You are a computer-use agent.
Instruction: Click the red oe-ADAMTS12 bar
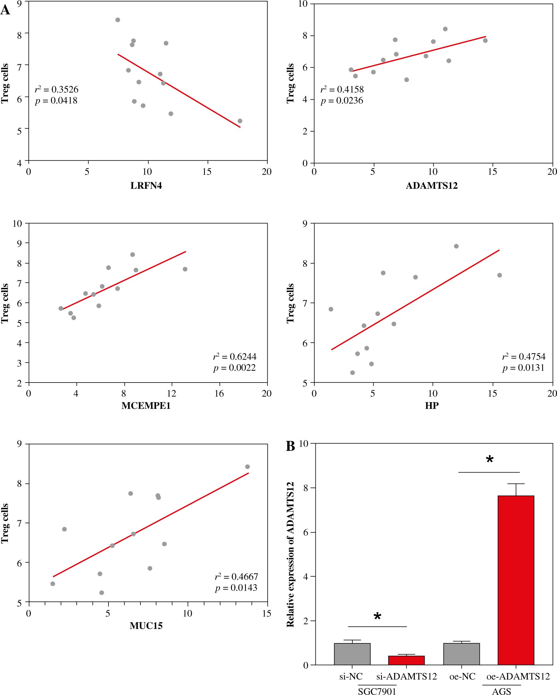click(516, 580)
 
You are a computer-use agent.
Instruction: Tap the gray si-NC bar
click(352, 654)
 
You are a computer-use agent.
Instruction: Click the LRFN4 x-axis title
click(146, 186)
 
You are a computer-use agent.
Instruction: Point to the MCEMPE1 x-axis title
click(146, 405)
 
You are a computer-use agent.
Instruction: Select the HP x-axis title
click(432, 405)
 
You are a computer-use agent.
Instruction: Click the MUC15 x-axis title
click(146, 626)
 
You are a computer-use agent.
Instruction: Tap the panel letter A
click(5, 10)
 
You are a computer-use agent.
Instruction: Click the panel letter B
click(290, 446)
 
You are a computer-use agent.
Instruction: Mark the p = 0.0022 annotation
click(234, 368)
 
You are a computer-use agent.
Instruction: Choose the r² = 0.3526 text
click(56, 89)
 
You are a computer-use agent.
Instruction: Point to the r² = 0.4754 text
click(524, 356)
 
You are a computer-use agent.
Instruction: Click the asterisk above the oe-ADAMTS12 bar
click(489, 459)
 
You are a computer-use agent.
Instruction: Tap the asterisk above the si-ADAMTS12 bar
click(377, 617)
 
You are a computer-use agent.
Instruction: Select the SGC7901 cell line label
click(377, 691)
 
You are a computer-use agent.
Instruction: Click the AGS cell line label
click(501, 691)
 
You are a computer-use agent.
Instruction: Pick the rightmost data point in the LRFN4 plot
click(240, 121)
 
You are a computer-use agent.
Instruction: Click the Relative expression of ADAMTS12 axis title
click(291, 555)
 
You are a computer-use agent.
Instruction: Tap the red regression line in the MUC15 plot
click(151, 525)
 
